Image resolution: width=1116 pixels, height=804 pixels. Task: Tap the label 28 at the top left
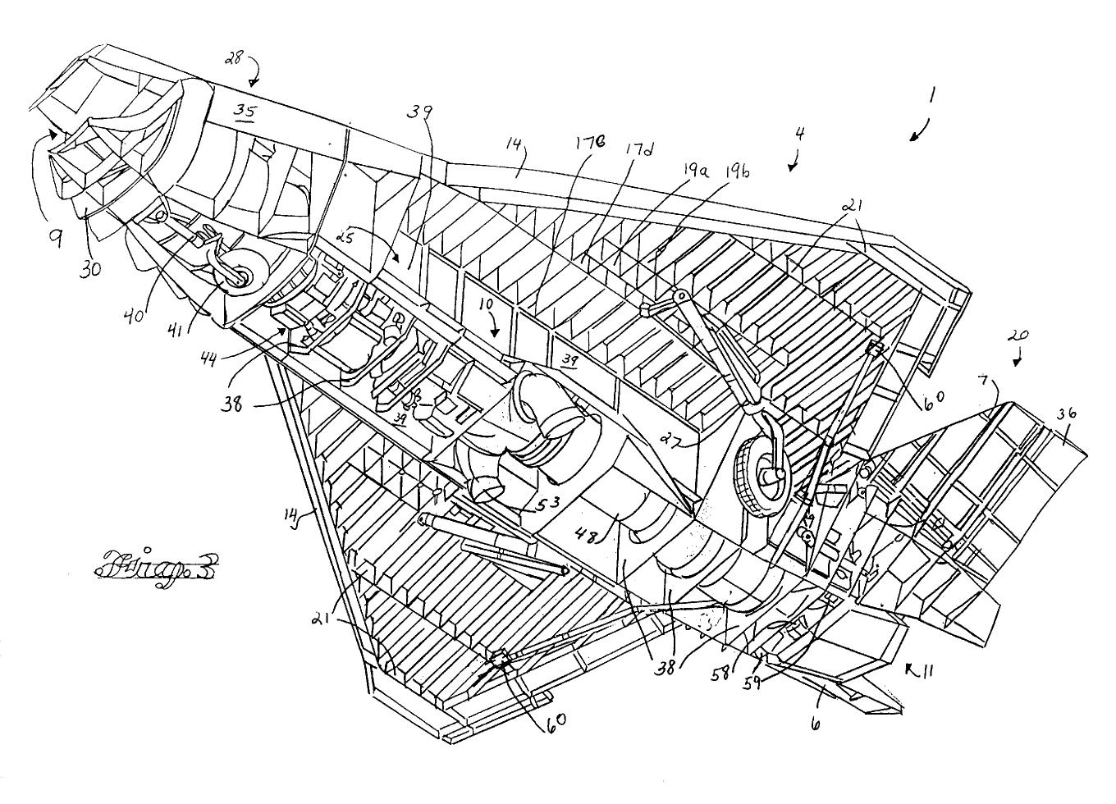coord(236,57)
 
